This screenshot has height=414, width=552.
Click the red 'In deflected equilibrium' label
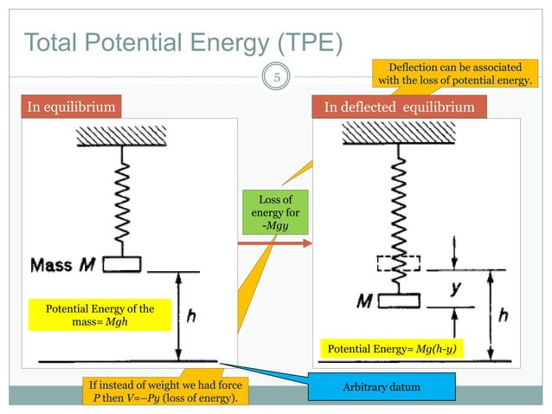[x=399, y=107]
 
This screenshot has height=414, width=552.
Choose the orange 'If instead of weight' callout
[x=164, y=391]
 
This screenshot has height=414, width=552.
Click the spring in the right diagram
[x=399, y=208]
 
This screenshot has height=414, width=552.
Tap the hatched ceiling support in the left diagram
[x=123, y=137]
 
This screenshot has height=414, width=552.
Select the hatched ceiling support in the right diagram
[x=399, y=133]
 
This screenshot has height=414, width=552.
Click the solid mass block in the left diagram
[x=124, y=265]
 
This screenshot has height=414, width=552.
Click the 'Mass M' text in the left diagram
[x=62, y=265]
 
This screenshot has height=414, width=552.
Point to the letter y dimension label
[x=453, y=288]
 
